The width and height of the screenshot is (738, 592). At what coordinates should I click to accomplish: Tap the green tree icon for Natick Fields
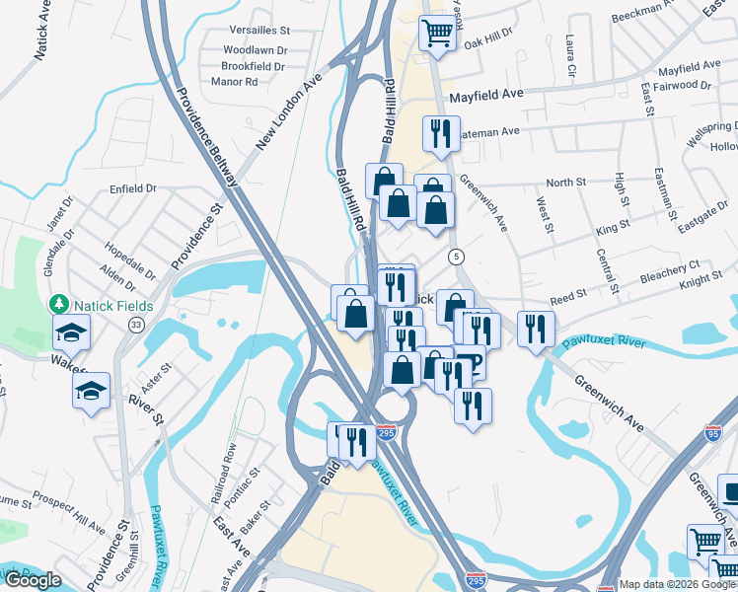tap(61, 306)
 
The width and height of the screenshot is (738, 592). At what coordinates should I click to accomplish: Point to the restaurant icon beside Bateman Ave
tap(440, 132)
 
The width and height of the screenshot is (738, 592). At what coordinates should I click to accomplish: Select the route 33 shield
tap(136, 325)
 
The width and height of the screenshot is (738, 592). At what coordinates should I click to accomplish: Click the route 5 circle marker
tap(456, 257)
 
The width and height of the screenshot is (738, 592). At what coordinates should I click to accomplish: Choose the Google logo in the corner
tap(33, 580)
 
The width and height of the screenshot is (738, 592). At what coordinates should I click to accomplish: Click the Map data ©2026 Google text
tap(677, 584)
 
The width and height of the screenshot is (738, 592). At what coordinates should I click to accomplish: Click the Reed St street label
tap(567, 294)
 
